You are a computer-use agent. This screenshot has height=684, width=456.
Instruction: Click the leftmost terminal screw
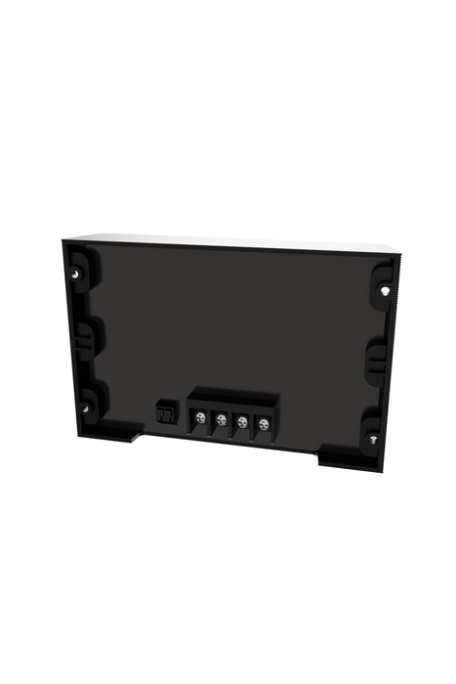[x=200, y=418]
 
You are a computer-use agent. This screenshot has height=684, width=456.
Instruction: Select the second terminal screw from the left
[x=222, y=420]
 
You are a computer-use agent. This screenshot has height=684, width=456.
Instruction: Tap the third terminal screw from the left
[x=242, y=422]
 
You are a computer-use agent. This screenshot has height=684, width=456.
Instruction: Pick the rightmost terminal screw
[x=264, y=424]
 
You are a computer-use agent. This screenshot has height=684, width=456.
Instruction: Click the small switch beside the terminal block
[x=165, y=414]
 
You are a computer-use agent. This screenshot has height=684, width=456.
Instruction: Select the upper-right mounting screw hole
[x=386, y=289]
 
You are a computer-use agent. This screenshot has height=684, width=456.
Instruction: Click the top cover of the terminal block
[x=234, y=395]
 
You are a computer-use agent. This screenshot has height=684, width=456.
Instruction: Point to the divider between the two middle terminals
[x=232, y=422]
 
